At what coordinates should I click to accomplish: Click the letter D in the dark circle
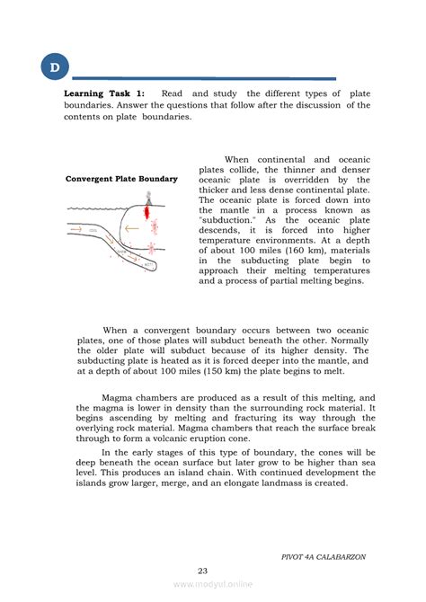click(55, 67)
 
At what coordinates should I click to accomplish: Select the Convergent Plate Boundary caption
click(121, 179)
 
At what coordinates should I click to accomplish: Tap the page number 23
click(212, 570)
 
